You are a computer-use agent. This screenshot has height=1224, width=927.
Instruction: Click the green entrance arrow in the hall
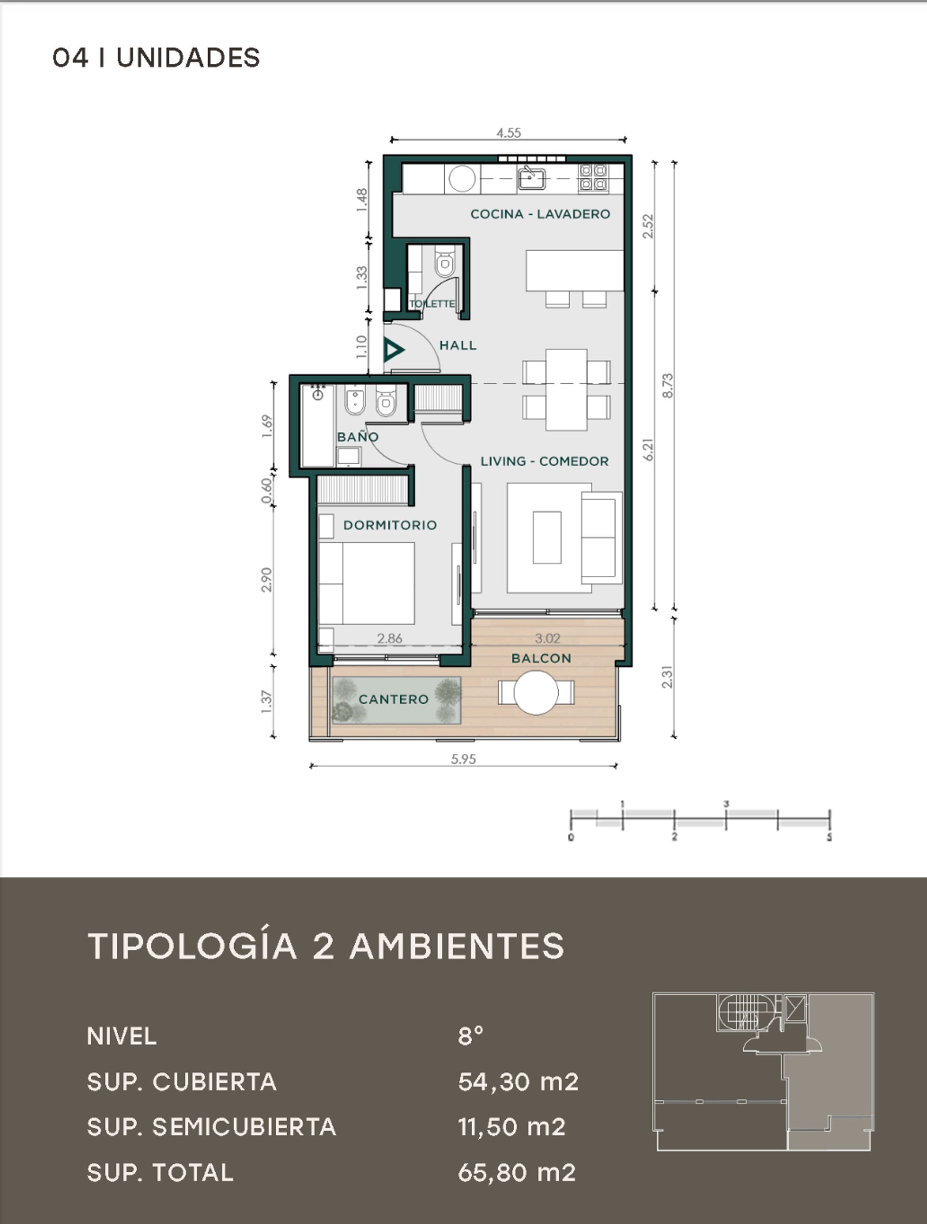click(394, 350)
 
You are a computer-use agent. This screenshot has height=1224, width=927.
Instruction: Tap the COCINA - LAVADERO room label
click(540, 214)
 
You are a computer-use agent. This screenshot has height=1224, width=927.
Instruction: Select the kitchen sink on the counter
click(532, 178)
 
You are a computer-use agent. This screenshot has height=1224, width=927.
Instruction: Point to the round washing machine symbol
click(463, 179)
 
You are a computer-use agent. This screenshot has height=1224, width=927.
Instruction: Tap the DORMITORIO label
click(390, 525)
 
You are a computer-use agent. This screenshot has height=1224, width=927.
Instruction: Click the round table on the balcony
click(536, 692)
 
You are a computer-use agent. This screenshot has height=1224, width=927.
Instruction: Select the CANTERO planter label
click(393, 699)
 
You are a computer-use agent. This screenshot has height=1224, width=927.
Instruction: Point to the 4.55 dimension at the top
click(508, 133)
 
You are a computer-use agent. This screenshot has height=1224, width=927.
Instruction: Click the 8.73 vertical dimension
click(668, 385)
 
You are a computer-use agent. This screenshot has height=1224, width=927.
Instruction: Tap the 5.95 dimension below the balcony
click(463, 759)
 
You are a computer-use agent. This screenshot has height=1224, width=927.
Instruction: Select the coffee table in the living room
click(547, 537)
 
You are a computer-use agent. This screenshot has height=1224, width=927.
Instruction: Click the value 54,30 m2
click(518, 1082)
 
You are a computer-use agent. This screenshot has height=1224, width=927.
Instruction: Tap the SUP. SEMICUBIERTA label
click(211, 1127)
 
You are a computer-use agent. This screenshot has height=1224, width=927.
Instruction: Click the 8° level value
click(470, 1036)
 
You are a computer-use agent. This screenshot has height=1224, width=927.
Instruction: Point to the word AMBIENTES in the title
click(457, 946)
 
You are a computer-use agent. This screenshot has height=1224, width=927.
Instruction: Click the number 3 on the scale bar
click(726, 804)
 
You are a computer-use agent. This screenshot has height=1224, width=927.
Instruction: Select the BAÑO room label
click(358, 437)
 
